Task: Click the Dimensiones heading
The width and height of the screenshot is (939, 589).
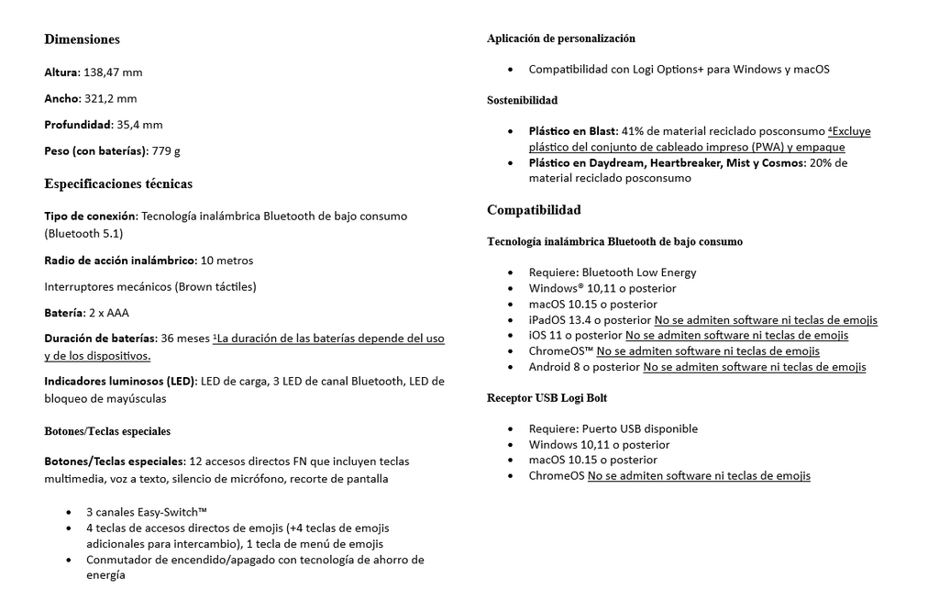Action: coord(82,39)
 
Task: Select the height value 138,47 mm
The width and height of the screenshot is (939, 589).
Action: coord(114,72)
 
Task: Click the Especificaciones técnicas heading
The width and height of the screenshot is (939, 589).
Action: coord(118,183)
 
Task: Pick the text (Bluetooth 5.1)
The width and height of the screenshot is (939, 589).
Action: coord(83,233)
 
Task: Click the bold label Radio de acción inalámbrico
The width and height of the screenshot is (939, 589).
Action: coord(119,261)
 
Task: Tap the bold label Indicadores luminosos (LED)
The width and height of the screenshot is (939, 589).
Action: coord(119,382)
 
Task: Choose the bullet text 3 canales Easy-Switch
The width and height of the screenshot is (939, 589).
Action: coord(147,512)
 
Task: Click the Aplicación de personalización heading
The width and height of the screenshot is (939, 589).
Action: coord(560,39)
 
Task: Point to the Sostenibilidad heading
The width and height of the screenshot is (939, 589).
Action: coord(522,100)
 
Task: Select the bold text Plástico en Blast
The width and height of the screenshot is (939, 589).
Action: coord(572,131)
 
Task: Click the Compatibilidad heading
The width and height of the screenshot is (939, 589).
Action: coord(534,210)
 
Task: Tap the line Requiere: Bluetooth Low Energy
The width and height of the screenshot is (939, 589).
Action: coord(612,272)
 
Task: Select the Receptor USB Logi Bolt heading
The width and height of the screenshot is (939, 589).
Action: coord(547,398)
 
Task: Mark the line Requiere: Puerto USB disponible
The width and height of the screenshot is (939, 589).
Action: coord(613,429)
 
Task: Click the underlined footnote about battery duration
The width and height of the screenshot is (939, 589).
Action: coord(330,339)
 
